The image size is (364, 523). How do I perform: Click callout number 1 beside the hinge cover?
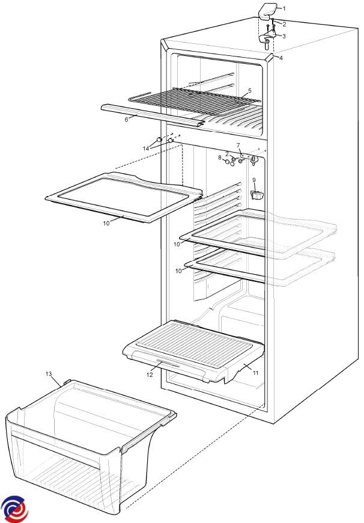tap(284, 8)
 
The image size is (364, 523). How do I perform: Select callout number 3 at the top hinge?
tap(284, 36)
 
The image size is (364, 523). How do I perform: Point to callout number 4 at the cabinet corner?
tap(281, 58)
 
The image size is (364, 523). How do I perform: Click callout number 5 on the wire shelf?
tap(250, 90)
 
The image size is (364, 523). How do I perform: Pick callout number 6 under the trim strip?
tap(126, 119)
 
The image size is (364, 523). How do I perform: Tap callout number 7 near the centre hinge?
tap(238, 145)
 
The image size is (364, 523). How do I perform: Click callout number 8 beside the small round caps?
tap(220, 157)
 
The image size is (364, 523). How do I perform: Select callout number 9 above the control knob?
tap(254, 180)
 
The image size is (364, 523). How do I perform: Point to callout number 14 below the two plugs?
tap(146, 148)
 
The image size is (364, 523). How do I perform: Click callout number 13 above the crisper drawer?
tap(49, 374)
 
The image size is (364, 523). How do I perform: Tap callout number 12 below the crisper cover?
tap(150, 375)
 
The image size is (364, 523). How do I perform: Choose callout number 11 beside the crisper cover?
tap(255, 373)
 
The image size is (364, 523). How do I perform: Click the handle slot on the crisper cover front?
tap(168, 363)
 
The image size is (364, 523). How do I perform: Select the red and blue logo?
tap(14, 509)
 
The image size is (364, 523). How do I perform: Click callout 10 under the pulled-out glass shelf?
tap(106, 224)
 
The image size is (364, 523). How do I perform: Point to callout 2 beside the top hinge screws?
tap(284, 25)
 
